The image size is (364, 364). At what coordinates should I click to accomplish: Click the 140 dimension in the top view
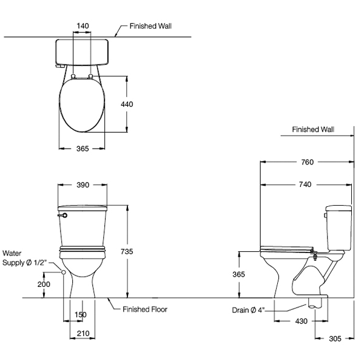pos(83,25)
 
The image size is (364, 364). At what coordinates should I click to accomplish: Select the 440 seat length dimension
pos(127,104)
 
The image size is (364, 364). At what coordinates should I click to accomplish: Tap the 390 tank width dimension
pos(83,185)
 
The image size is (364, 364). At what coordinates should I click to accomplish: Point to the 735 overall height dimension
pos(127,251)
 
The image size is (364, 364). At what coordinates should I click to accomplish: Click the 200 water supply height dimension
pos(44,284)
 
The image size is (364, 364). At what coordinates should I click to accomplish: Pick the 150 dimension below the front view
pos(80,315)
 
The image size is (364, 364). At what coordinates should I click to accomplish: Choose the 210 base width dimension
pos(83,333)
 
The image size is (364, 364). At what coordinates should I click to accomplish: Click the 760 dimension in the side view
pos(308,162)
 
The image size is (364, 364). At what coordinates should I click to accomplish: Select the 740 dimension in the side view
pos(305,184)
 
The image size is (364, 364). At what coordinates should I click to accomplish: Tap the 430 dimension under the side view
pos(301,322)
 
